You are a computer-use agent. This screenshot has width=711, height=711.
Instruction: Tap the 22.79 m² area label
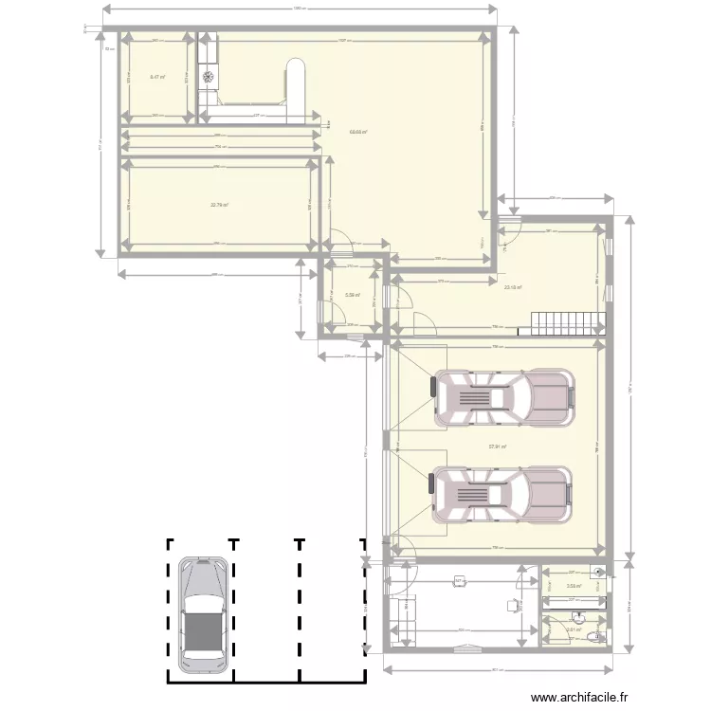pos(219,204)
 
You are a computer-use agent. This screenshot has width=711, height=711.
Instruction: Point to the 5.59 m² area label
pos(351,295)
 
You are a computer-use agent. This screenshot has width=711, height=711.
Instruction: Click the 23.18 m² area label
pos(513,287)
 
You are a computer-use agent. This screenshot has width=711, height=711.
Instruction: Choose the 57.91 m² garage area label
pos(497,447)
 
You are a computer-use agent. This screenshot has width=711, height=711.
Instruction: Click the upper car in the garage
pos(503,397)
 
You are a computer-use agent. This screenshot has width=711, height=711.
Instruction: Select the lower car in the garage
pos(503,494)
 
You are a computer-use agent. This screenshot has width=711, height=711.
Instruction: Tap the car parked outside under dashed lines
pos(202,610)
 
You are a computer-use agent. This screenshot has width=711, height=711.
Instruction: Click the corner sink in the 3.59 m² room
pos(598,571)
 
